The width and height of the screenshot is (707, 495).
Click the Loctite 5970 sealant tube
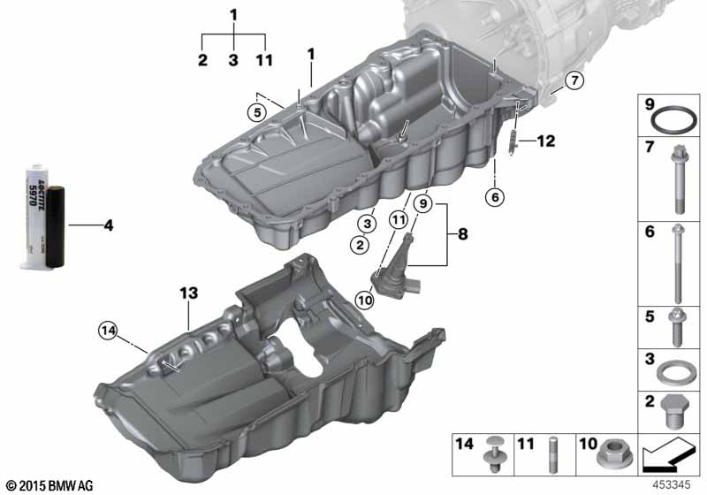click(44, 217)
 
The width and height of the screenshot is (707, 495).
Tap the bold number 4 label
click(108, 225)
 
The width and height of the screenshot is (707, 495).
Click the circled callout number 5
click(257, 112)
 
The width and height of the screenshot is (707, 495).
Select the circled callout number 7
click(574, 80)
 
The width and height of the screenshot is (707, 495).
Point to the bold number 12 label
click(545, 141)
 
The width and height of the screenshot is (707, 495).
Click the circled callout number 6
click(495, 196)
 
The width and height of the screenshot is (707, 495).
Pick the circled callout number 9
click(423, 204)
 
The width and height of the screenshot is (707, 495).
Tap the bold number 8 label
click(463, 234)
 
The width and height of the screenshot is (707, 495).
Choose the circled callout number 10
click(364, 300)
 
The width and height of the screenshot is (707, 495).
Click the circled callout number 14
click(108, 331)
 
